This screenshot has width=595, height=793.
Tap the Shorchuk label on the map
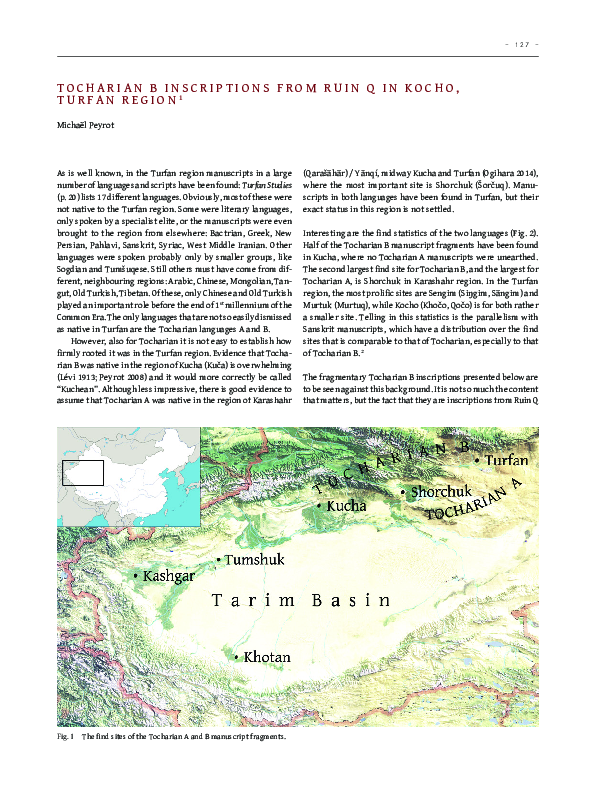[x=441, y=492]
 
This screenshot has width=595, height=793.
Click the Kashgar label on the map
[x=169, y=577]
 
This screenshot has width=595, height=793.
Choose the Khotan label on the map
[x=267, y=657]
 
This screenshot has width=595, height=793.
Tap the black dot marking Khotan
[x=236, y=657]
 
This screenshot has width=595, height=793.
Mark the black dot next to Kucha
[x=319, y=507]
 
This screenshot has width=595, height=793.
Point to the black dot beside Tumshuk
[x=218, y=561]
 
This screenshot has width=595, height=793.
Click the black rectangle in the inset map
[x=83, y=471]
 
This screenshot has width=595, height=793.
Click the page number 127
[x=523, y=44]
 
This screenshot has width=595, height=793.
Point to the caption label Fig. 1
[x=66, y=736]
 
